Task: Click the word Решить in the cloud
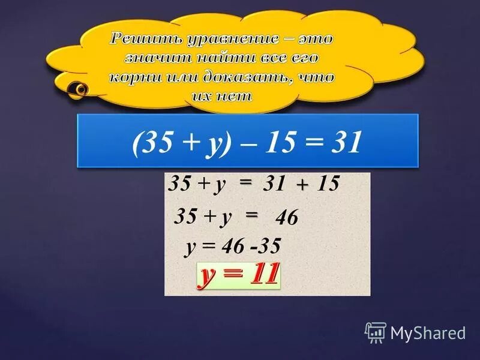(137, 40)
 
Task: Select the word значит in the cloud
(152, 59)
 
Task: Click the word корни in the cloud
(133, 78)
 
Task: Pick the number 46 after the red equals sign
(286, 219)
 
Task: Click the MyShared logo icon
(376, 332)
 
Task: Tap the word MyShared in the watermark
(428, 332)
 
